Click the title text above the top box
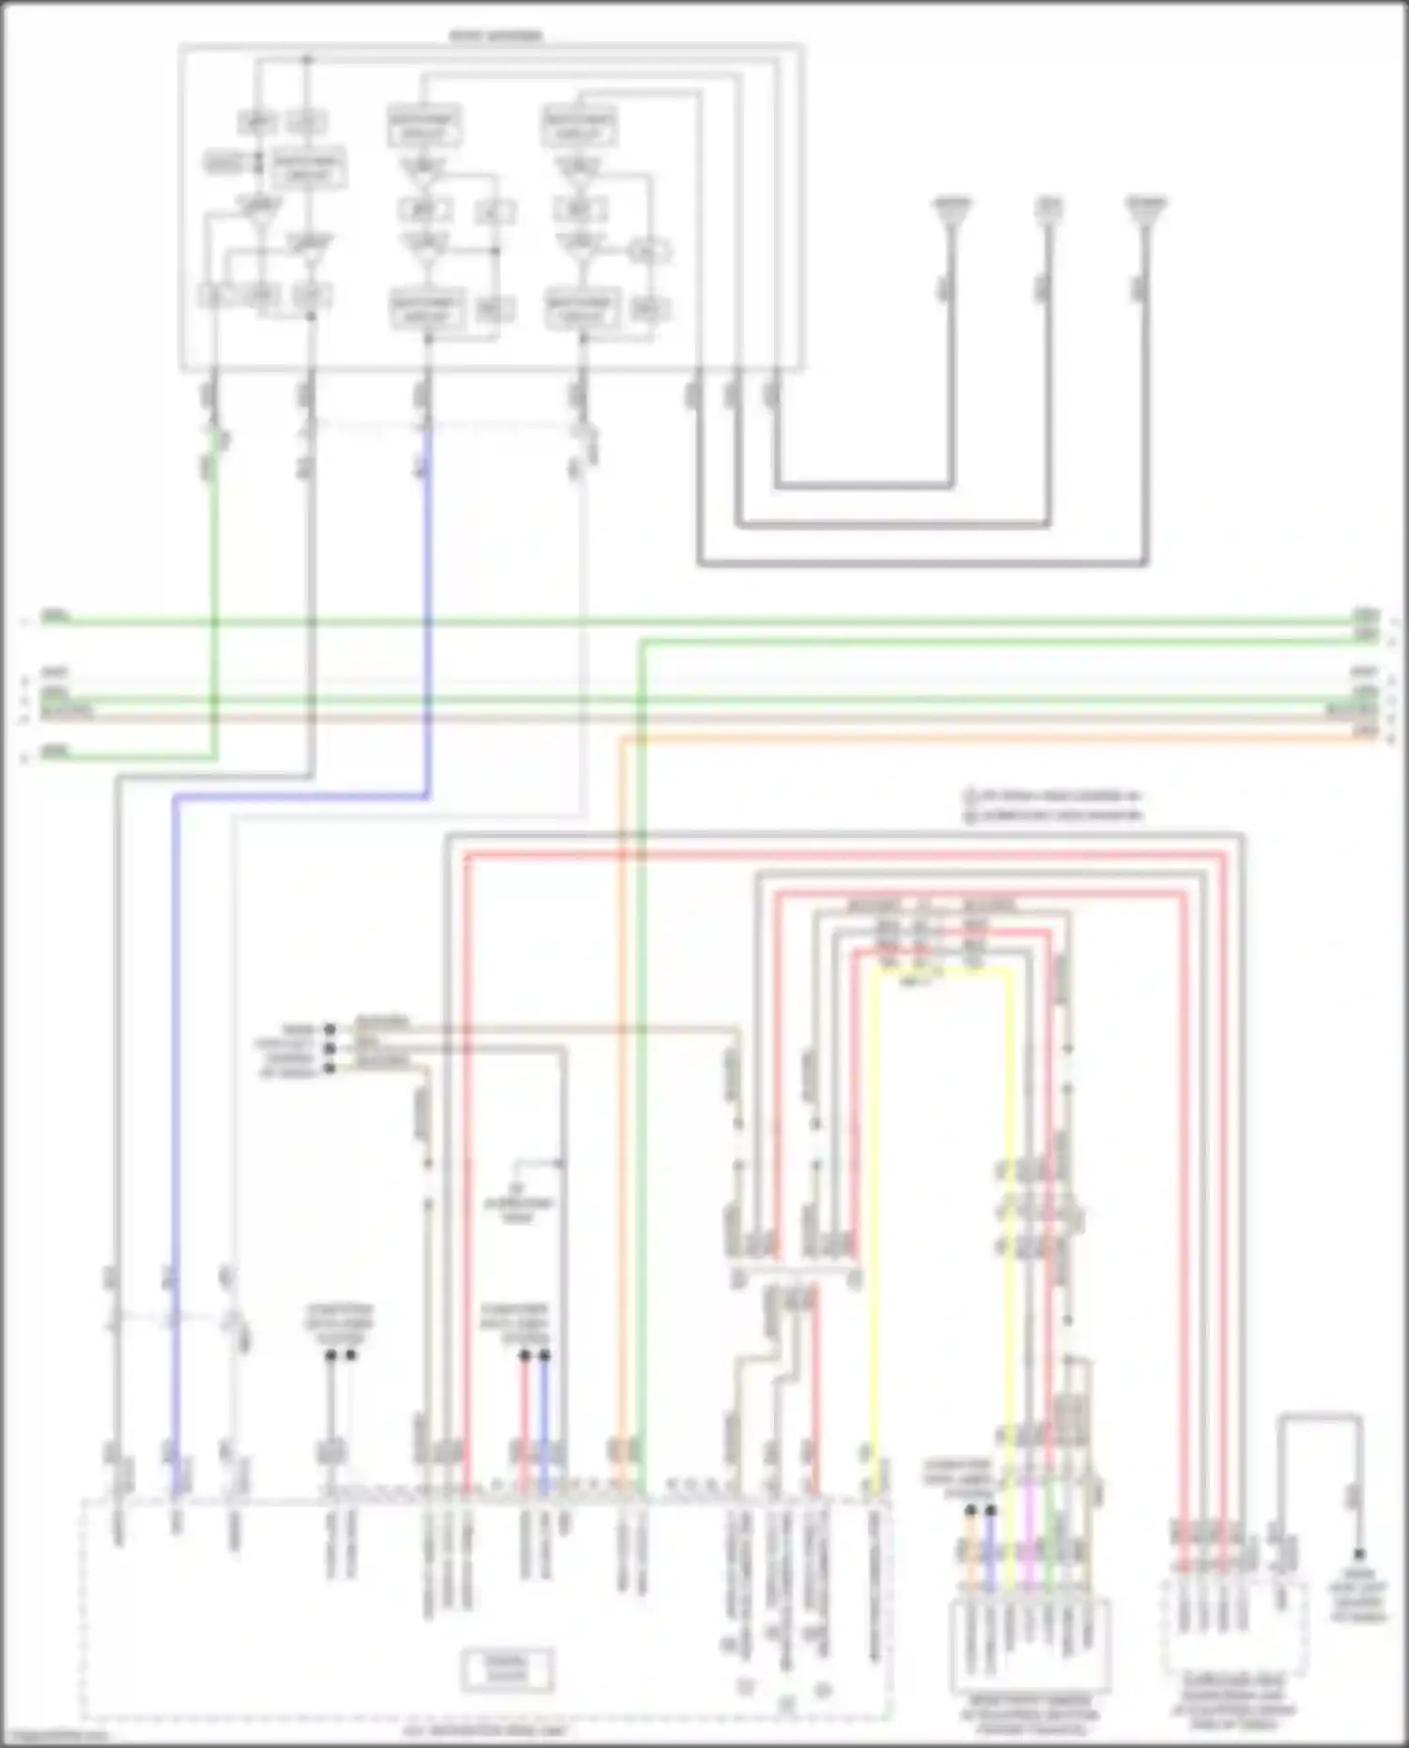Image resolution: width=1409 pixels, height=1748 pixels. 496,36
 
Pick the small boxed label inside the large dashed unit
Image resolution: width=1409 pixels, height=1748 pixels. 507,1670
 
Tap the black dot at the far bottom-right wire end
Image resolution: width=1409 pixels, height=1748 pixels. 1358,1555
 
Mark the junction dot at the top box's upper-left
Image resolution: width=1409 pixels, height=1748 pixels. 306,60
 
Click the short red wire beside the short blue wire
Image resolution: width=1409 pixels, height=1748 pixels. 525,1409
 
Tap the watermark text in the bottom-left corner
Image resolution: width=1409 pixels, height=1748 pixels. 52,1739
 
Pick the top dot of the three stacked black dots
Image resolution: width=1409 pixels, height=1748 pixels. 329,1029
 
